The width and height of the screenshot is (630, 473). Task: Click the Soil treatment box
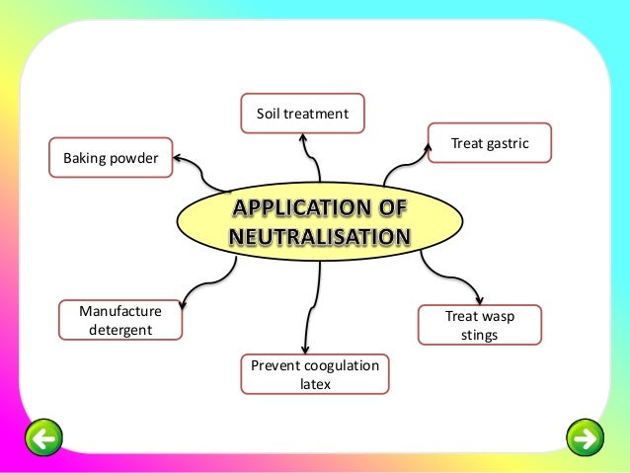[302, 114]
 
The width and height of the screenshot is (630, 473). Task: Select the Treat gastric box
[490, 144]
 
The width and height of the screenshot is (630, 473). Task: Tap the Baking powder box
[111, 157]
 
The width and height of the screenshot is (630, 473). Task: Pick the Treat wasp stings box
[480, 325]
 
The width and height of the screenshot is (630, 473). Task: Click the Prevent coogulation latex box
[314, 374]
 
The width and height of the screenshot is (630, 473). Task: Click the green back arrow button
[42, 435]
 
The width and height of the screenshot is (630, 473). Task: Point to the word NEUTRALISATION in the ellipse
[319, 237]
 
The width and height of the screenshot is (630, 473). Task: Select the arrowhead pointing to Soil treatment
[303, 139]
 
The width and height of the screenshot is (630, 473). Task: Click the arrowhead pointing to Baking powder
[180, 154]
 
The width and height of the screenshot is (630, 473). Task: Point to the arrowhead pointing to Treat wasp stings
[480, 300]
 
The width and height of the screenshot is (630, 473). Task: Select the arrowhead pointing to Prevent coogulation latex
[314, 351]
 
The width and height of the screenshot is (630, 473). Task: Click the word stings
[480, 335]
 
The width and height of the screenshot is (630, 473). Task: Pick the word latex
[314, 384]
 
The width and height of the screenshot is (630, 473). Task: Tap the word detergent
[120, 330]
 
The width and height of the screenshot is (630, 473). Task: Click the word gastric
[506, 144]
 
